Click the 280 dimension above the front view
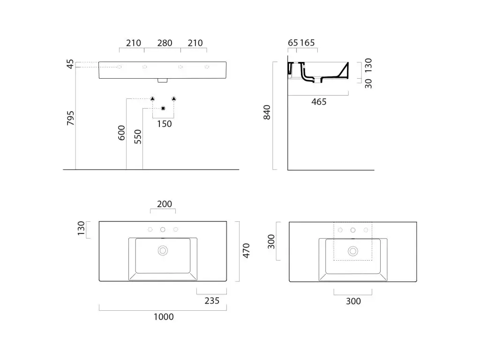[x=165, y=43]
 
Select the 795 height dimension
[x=71, y=118]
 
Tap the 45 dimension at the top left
[x=70, y=64]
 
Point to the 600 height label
[x=121, y=133]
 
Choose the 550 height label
[x=138, y=137]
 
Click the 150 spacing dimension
[x=165, y=124]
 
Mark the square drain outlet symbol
[x=163, y=108]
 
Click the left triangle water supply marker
[x=152, y=98]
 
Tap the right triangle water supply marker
[x=174, y=98]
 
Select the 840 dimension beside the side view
[x=267, y=112]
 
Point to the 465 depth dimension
[x=319, y=102]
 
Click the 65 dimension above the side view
[x=293, y=43]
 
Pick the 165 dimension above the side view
[x=307, y=43]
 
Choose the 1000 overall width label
[x=164, y=317]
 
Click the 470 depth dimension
[x=246, y=251]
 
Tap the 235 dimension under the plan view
[x=212, y=301]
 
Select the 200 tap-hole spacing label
[x=165, y=204]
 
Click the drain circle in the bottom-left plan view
[x=163, y=251]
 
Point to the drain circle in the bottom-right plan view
[x=353, y=251]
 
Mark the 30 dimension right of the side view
[x=368, y=83]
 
